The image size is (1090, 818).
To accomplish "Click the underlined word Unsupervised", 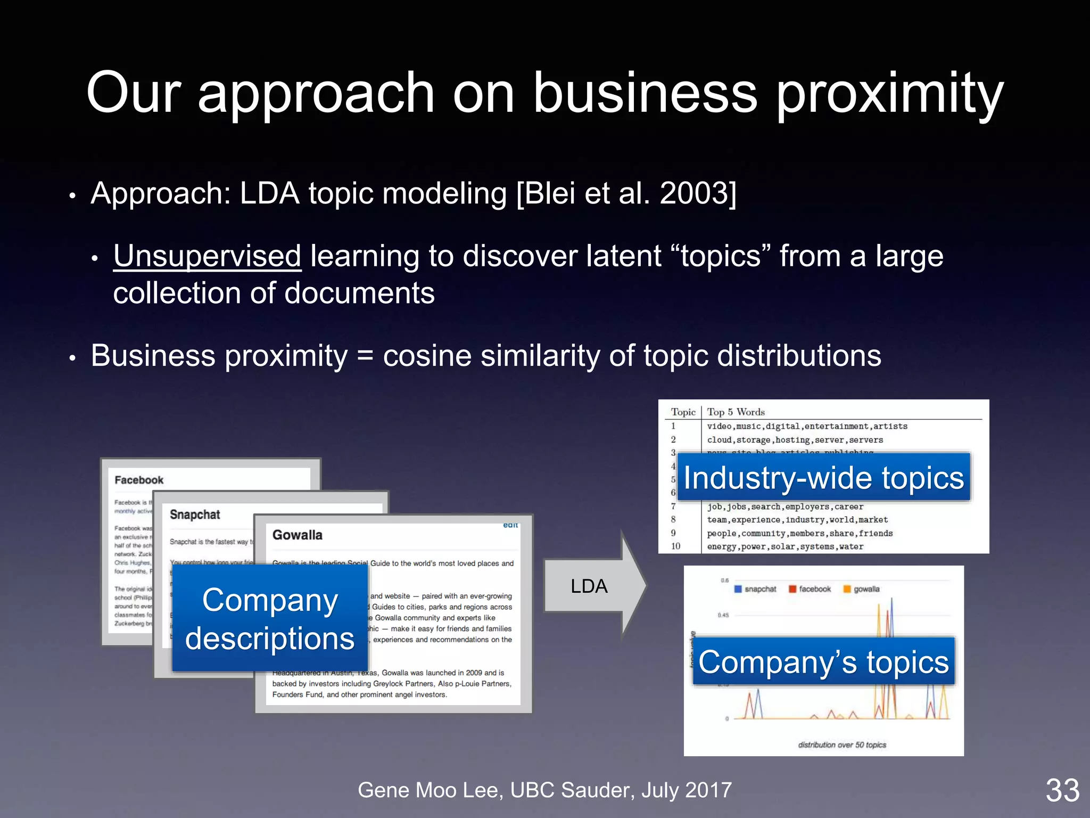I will point(207,256).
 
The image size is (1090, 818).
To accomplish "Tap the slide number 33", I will point(1062,790).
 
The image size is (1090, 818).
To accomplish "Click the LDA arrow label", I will point(589,586).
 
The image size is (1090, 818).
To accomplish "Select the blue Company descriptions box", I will point(270,619).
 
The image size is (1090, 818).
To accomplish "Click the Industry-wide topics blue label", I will point(823,478).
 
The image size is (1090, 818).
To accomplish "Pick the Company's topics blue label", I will point(823,662).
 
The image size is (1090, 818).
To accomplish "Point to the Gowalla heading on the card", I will point(297,535).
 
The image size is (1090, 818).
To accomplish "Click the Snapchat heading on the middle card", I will point(195,515).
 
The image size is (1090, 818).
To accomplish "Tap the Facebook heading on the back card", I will point(139,480).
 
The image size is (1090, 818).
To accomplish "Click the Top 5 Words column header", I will point(736,412).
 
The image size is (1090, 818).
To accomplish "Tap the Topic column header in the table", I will point(683,412).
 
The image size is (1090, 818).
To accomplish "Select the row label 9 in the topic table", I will point(673,533).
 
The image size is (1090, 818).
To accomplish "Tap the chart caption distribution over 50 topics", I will point(842,745).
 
